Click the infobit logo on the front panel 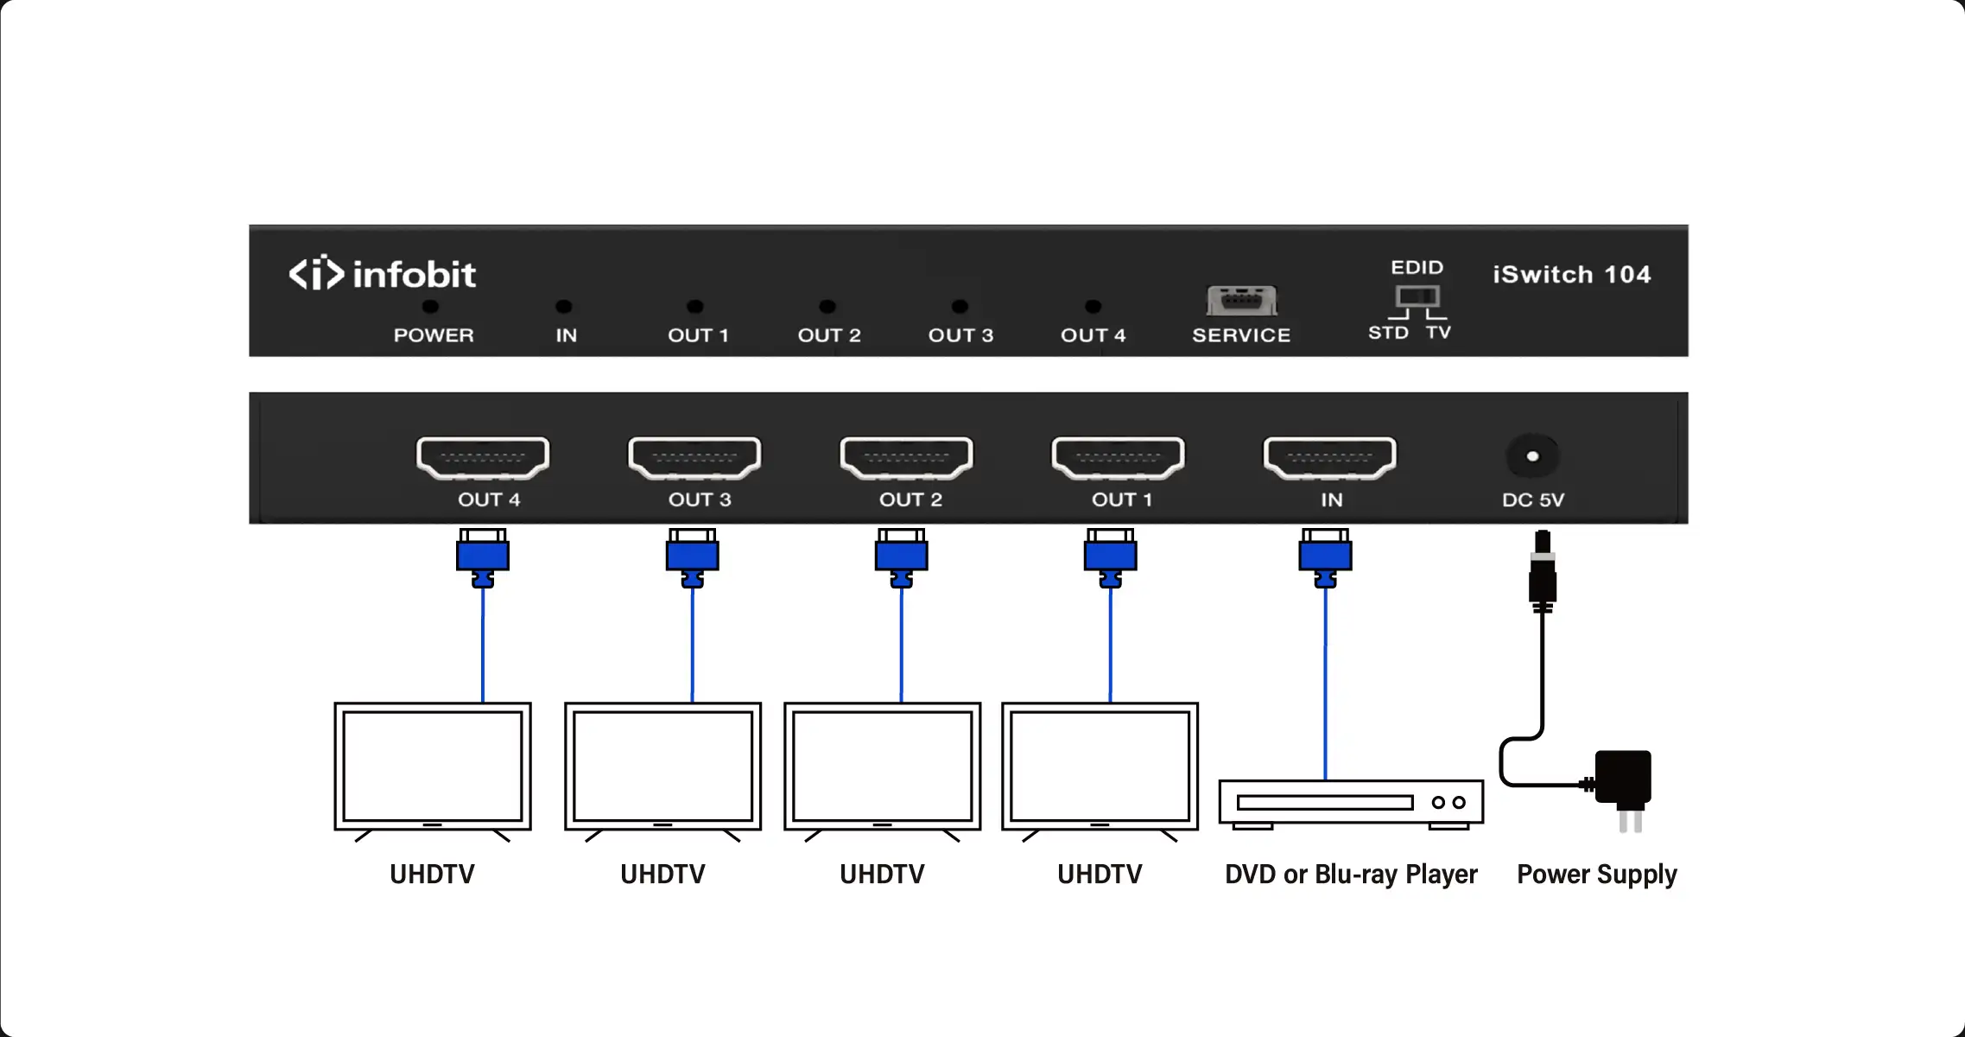tap(382, 274)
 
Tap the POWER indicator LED tap(430, 307)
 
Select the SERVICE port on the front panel tap(1242, 302)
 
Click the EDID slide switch tap(1417, 297)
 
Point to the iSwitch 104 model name tap(1571, 275)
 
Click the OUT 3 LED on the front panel tap(960, 307)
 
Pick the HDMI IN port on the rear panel tap(1329, 457)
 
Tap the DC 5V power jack tap(1532, 456)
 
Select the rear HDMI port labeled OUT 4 tap(483, 457)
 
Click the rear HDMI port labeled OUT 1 tap(1118, 457)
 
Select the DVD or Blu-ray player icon tap(1351, 803)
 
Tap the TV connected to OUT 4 tap(433, 767)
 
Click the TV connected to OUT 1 tap(1100, 767)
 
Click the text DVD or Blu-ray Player tap(1351, 875)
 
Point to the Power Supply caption tap(1597, 875)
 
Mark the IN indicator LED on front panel tap(564, 307)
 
